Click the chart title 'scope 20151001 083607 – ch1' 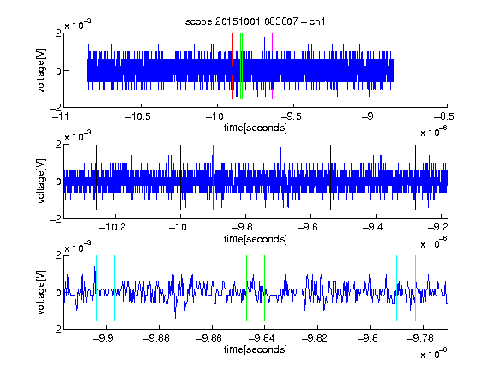(x=256, y=21)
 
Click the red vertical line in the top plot (x=232, y=67)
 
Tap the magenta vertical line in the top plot (x=272, y=67)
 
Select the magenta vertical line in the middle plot (x=298, y=177)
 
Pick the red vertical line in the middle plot (x=214, y=177)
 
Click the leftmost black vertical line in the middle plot (x=96, y=177)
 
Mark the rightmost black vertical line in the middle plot (x=416, y=177)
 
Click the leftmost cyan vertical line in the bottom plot (x=96, y=288)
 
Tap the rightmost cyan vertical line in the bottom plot (x=416, y=288)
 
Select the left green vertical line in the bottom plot (x=246, y=288)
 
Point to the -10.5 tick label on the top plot (x=138, y=116)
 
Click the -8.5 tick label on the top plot (x=443, y=116)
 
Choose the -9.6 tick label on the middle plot (x=308, y=226)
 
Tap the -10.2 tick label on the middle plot (x=112, y=226)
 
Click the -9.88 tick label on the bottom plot (x=156, y=338)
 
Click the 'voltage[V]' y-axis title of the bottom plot (x=41, y=292)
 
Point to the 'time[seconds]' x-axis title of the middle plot (x=256, y=239)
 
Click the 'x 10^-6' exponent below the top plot (x=434, y=132)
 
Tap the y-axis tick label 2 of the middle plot (x=58, y=145)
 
